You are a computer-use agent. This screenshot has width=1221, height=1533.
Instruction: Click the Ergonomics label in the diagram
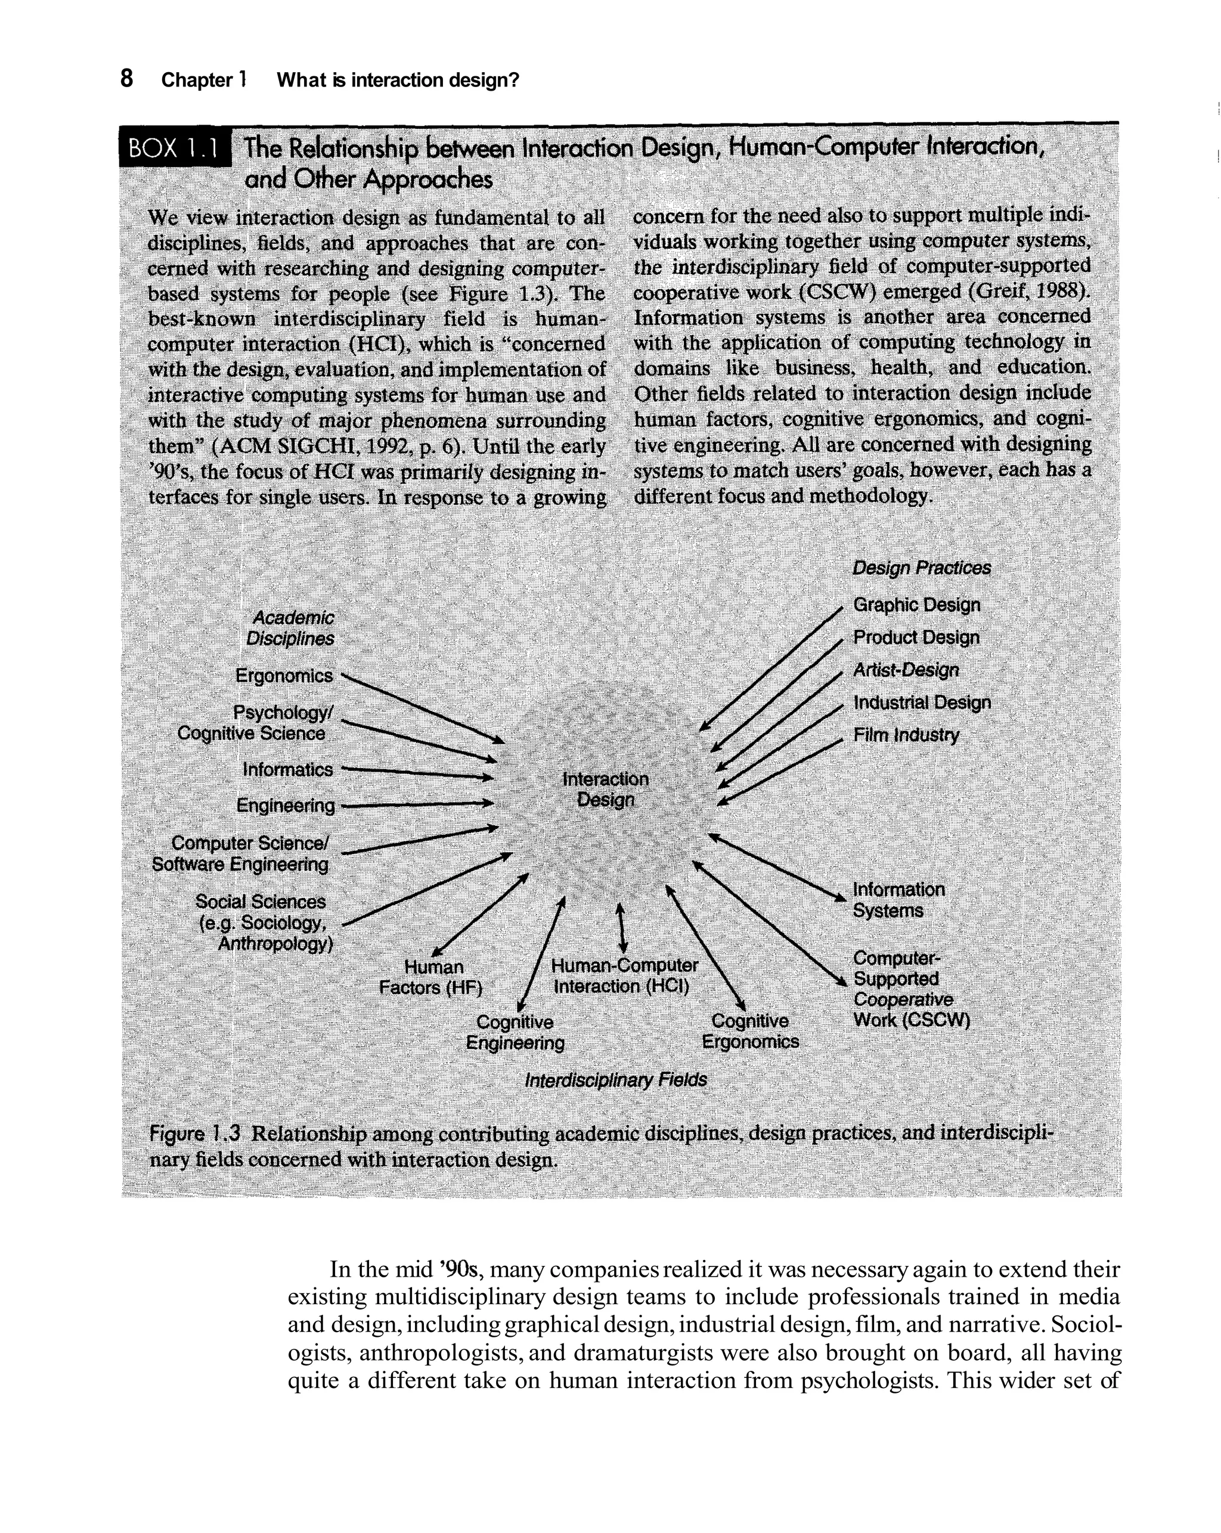click(284, 676)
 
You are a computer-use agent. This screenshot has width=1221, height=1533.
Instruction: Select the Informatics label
click(287, 769)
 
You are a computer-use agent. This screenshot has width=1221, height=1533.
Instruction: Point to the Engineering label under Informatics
click(285, 806)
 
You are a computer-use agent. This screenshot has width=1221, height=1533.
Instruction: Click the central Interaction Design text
click(605, 790)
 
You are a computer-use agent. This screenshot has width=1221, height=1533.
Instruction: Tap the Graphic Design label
click(916, 605)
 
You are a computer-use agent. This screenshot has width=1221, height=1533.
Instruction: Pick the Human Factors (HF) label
click(432, 977)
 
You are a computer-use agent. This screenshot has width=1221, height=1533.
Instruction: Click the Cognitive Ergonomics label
click(749, 1031)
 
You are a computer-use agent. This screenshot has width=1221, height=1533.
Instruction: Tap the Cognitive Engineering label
click(515, 1032)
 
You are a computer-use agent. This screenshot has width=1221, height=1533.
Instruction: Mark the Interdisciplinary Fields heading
click(615, 1080)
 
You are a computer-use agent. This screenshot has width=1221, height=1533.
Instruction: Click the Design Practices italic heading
click(921, 568)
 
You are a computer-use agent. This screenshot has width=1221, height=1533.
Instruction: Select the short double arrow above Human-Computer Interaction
click(621, 927)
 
